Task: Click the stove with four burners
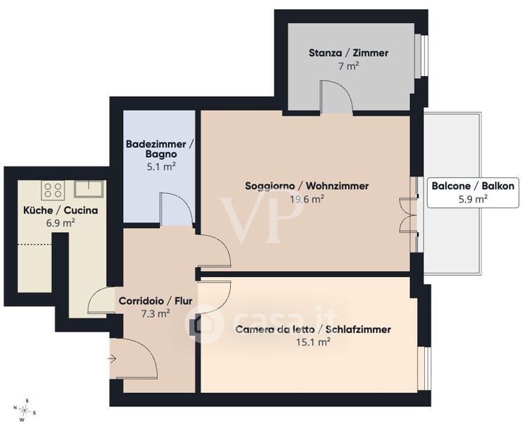coord(53,190)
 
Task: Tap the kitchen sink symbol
coord(88,189)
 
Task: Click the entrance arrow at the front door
coord(111,359)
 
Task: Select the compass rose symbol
coord(25,409)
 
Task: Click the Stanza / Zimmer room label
coord(348,53)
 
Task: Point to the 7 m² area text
coord(348,66)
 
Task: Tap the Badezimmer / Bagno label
coord(161,149)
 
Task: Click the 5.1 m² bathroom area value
coord(161,166)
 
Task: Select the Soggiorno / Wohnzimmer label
coord(306,186)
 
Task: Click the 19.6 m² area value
coord(307,199)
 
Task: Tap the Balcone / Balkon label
coord(473,186)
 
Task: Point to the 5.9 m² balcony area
coord(473,199)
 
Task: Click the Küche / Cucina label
coord(61,210)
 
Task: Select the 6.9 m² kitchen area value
coord(60,223)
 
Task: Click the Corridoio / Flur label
coord(156,301)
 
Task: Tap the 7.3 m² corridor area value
coord(156,313)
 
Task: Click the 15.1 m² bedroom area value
coord(313,342)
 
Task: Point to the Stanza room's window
coord(421,56)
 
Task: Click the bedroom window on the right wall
coord(424,368)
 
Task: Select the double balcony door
coord(408,215)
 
